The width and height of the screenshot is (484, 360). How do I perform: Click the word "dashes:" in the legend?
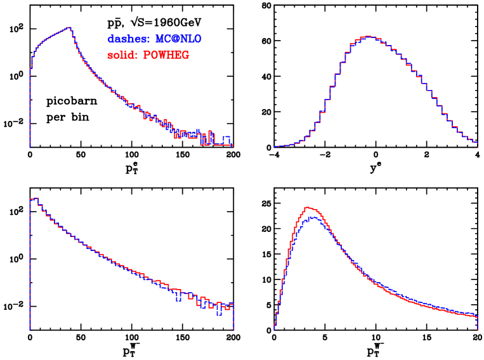128,39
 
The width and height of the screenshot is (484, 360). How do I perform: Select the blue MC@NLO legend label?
178,39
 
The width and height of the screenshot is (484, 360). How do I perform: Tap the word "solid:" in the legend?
122,56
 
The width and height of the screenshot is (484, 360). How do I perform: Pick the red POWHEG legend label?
166,56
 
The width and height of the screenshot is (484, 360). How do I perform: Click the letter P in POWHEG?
147,56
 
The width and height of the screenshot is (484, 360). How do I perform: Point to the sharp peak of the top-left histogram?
70,27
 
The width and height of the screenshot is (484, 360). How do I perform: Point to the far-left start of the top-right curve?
275,146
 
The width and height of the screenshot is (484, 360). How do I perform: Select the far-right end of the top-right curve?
476,143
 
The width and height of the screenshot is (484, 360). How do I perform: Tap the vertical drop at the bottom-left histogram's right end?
233,317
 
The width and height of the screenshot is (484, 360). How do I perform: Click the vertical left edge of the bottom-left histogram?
29,266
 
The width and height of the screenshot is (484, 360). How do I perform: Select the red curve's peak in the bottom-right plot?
309,207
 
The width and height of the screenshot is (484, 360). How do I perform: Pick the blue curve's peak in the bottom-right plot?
311,217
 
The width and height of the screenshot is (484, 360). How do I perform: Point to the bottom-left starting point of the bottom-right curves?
275,328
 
